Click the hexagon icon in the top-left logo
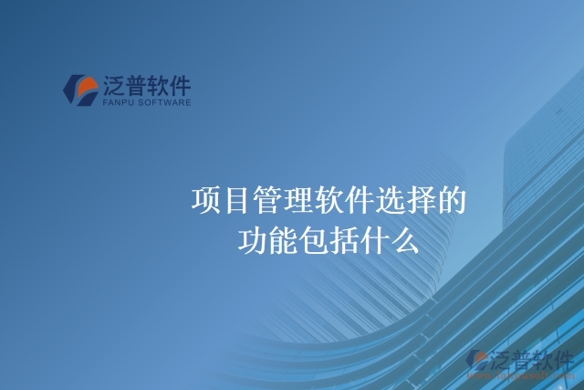pos(79,90)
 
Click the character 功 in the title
pos(252,240)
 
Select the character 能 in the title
pos(283,240)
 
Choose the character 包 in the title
pos(314,240)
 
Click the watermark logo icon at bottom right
pos(477,361)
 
